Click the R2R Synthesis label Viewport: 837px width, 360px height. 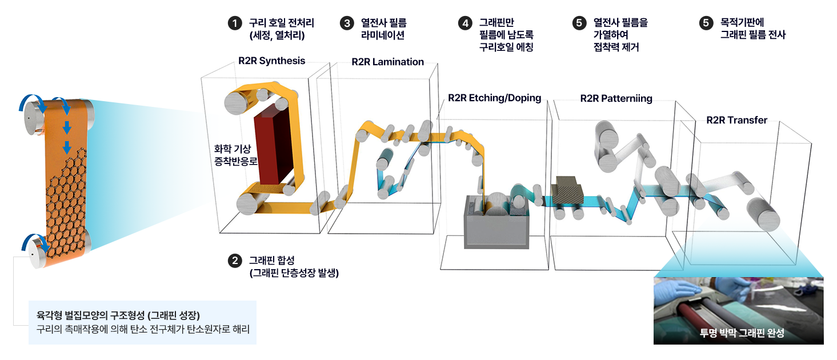point(271,61)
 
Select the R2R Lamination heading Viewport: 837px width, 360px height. point(387,62)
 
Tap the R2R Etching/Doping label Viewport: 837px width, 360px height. point(494,98)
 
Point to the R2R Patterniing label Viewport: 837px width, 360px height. point(616,98)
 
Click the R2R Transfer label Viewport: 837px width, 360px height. point(736,120)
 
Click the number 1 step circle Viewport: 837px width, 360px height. point(234,23)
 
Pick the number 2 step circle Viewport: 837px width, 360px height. point(234,261)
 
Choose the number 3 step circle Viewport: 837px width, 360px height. point(347,23)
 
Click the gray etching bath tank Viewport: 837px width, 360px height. point(494,226)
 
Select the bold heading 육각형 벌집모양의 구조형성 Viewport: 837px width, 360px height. point(117,315)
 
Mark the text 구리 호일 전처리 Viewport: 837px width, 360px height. point(281,23)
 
